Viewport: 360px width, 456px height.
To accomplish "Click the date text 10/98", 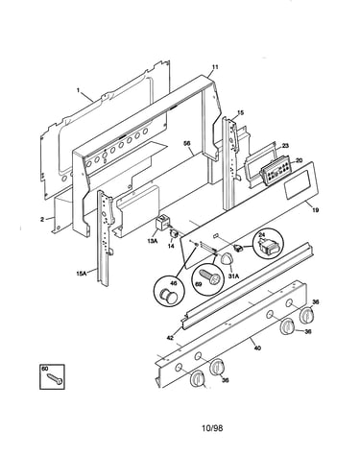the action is [212, 427].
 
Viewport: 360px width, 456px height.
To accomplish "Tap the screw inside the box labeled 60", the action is [55, 378].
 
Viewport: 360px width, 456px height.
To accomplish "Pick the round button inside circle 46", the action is [169, 296].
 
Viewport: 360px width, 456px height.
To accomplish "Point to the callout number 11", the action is [215, 67].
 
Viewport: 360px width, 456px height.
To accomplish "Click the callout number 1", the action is [78, 90].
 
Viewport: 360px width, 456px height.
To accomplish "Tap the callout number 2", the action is [42, 219].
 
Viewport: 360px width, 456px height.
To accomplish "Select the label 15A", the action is [82, 274].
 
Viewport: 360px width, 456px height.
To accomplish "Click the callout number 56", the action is [187, 143].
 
